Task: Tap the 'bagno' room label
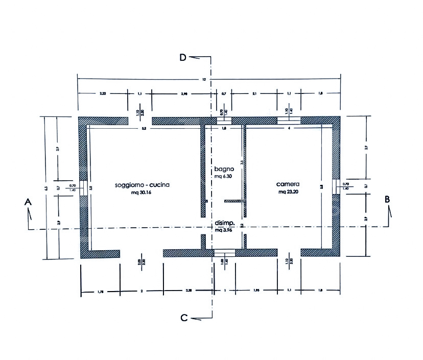pos(224,169)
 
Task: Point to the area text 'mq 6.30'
pos(224,176)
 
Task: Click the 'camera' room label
pos(289,184)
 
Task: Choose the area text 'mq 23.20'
pos(289,193)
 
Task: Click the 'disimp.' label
pos(225,223)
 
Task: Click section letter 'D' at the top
pos(182,57)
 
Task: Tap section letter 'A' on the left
pos(28,203)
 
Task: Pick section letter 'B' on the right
pos(388,199)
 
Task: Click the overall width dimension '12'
pos(204,80)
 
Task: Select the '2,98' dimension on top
pos(185,94)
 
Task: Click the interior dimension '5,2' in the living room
pos(145,129)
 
